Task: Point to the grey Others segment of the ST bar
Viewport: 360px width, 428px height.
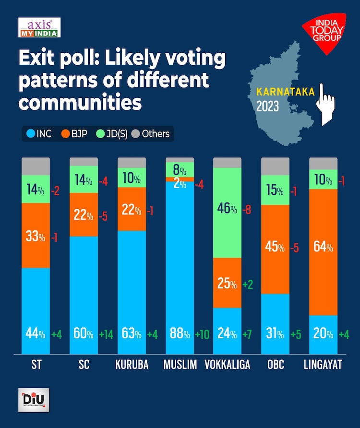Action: click(36, 166)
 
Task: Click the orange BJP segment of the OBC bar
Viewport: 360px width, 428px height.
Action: click(275, 249)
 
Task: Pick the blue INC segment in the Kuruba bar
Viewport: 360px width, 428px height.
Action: click(132, 288)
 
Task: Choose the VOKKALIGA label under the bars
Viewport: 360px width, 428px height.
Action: click(228, 365)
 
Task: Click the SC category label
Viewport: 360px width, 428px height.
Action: click(84, 365)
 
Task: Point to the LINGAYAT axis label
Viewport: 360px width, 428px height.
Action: click(323, 365)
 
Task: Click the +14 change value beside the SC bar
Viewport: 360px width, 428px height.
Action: click(106, 334)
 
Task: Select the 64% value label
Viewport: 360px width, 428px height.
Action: click(323, 248)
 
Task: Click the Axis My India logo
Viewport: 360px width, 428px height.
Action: click(39, 27)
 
